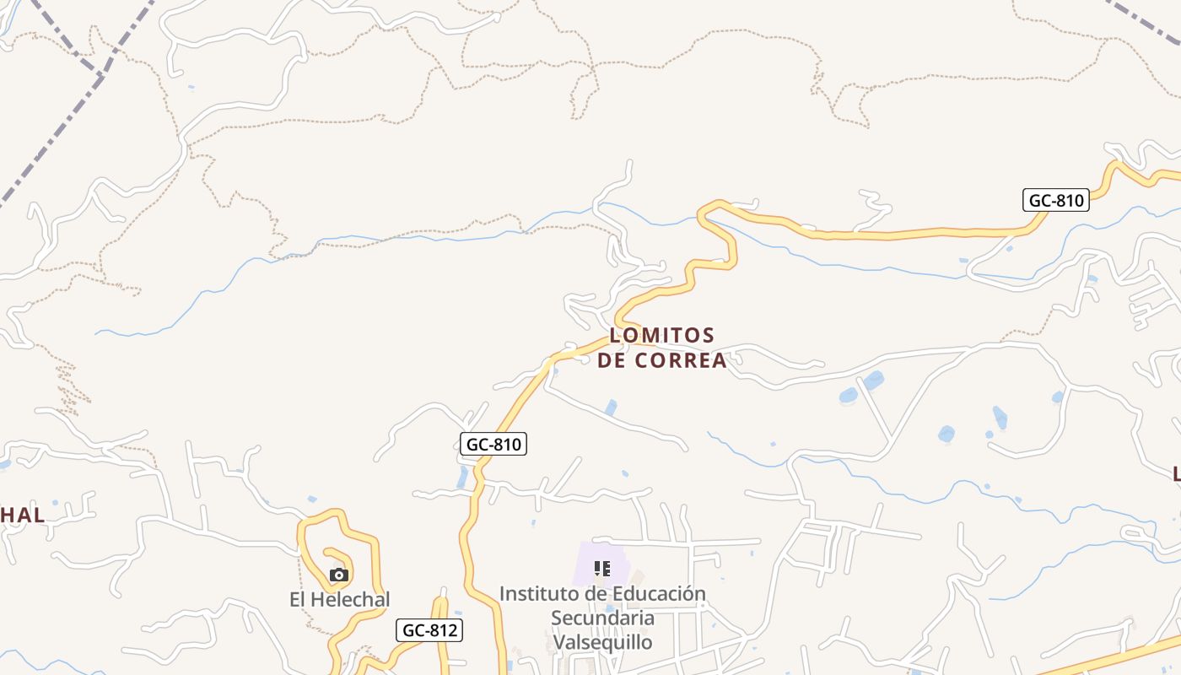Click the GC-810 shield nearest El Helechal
(493, 444)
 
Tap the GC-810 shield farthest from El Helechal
(1056, 200)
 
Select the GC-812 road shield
(429, 629)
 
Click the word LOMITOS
(661, 336)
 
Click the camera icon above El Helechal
(339, 575)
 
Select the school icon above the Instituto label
(601, 568)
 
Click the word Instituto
(542, 594)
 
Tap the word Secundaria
(602, 618)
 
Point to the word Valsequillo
(602, 642)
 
